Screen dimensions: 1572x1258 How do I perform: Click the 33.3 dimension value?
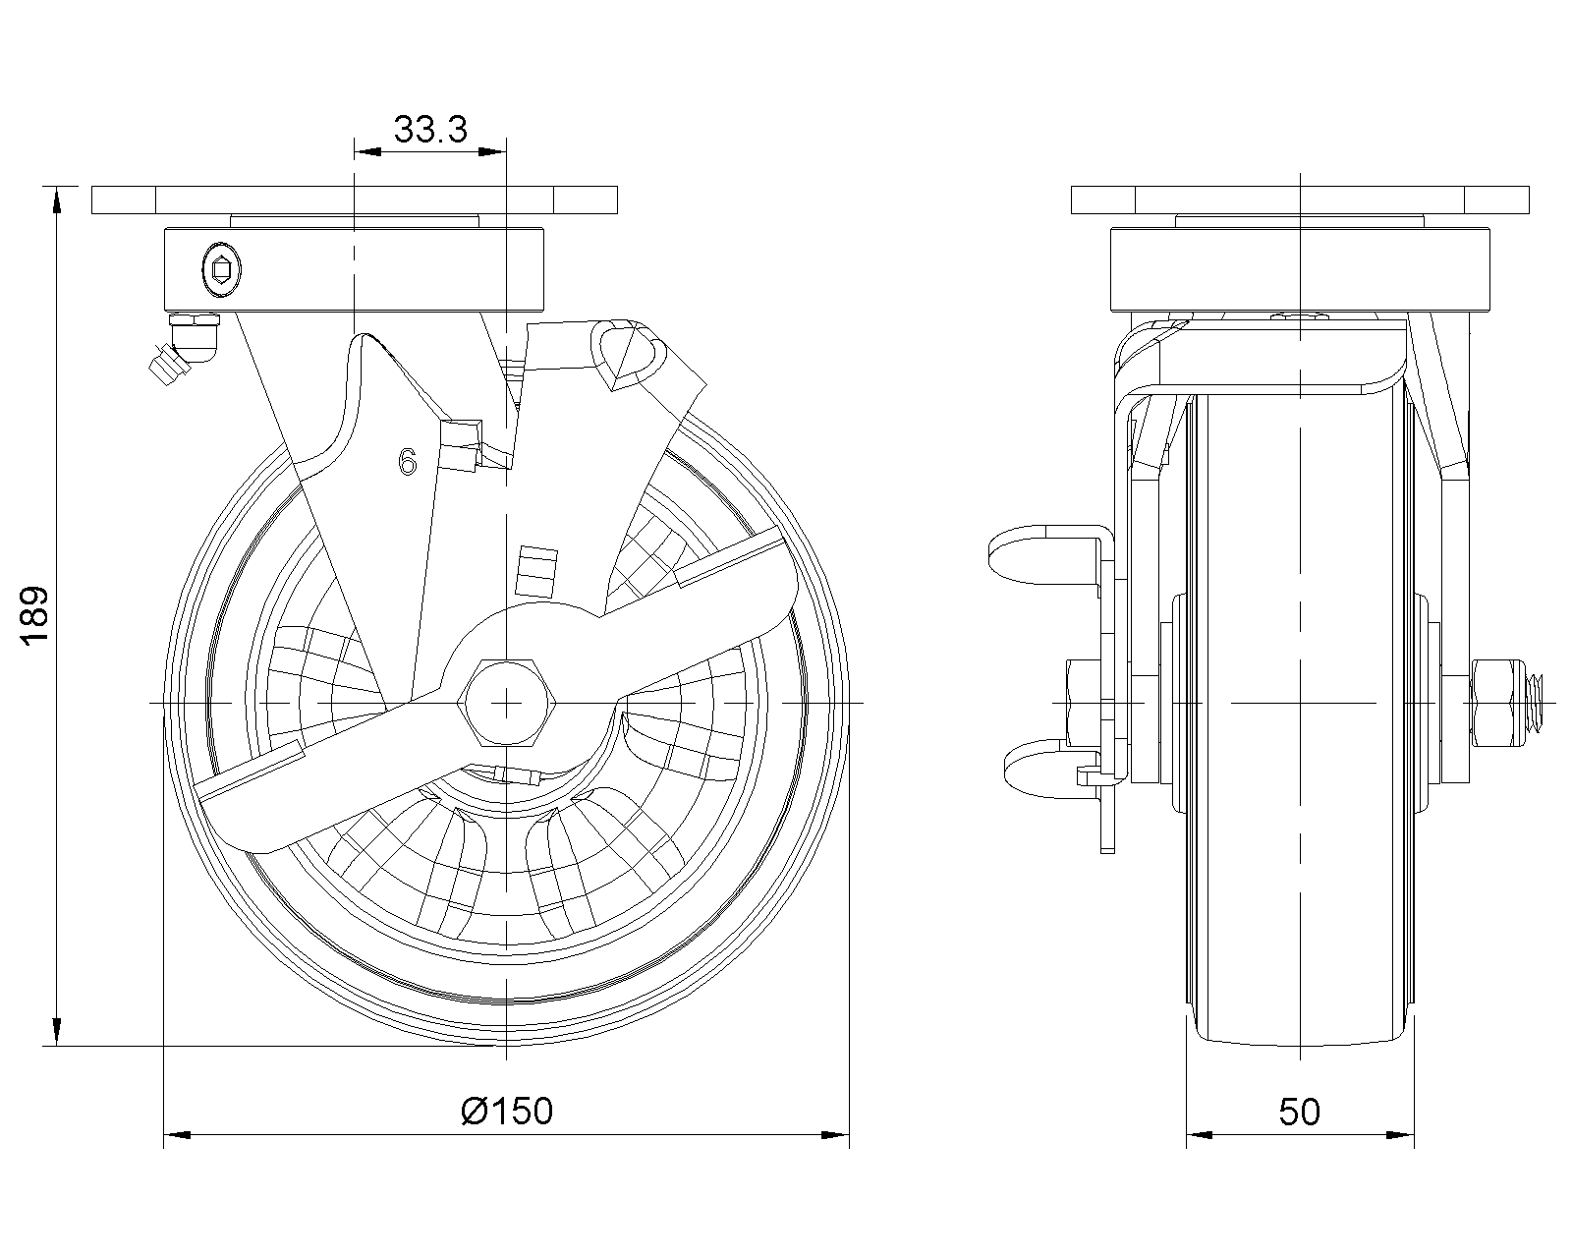point(430,130)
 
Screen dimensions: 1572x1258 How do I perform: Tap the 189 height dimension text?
point(34,614)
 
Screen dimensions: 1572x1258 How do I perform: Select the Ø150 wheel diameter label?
point(507,1112)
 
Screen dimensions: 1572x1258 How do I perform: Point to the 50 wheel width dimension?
point(1300,1112)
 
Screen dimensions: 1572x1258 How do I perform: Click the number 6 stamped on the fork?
point(408,461)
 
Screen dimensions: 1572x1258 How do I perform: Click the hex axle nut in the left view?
point(506,703)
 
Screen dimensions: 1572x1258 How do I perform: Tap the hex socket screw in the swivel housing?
point(221,270)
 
